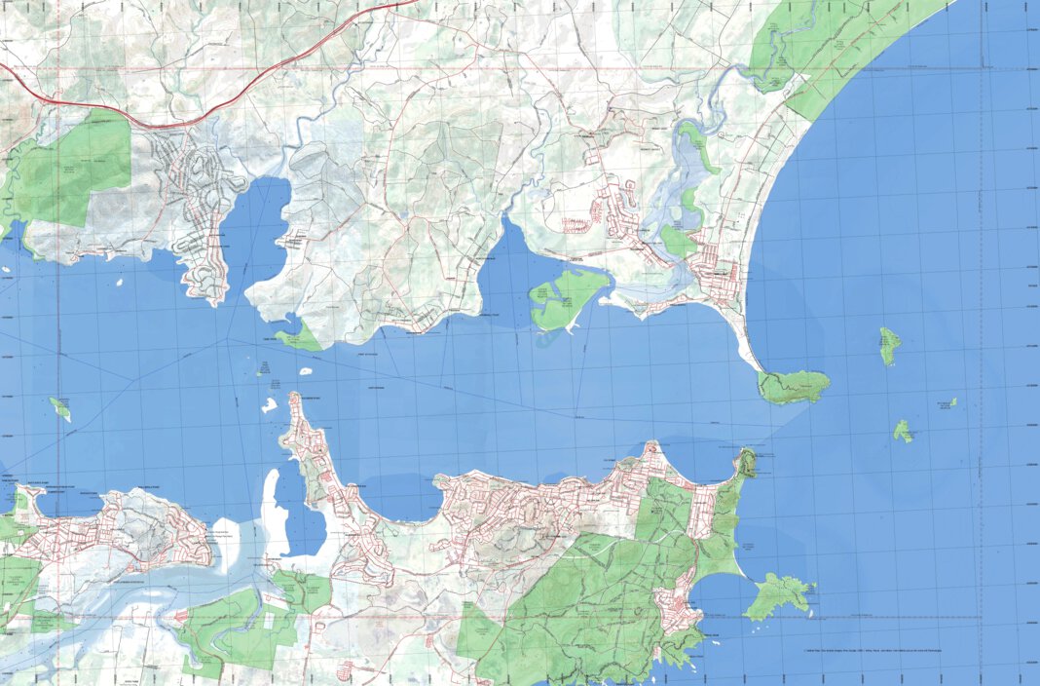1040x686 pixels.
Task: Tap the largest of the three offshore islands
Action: (889, 345)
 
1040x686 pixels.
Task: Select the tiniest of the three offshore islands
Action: (952, 401)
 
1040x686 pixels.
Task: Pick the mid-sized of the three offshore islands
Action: (904, 431)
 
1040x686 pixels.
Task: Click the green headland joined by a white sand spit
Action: (795, 387)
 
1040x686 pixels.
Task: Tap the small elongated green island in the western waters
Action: (60, 409)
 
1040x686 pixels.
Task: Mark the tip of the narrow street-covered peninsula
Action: (295, 399)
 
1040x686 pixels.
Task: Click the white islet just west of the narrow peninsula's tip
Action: (269, 404)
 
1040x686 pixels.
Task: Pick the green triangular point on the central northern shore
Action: (297, 337)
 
